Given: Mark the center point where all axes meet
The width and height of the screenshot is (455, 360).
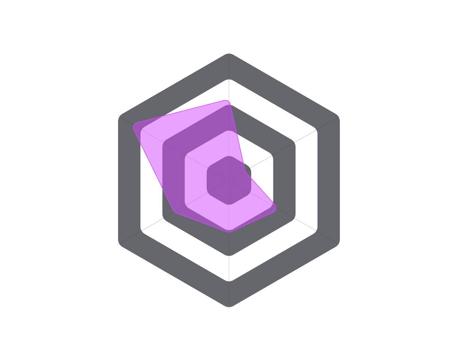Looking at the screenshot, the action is pos(229,180).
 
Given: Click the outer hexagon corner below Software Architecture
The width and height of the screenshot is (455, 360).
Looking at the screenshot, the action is pos(229,53).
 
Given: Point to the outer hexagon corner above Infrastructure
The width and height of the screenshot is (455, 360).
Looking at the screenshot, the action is pos(229,307).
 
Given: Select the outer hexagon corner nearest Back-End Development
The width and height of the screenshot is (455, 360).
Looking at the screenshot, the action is pos(339,117).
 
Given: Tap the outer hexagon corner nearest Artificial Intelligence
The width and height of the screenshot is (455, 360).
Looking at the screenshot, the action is pos(119,244).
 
